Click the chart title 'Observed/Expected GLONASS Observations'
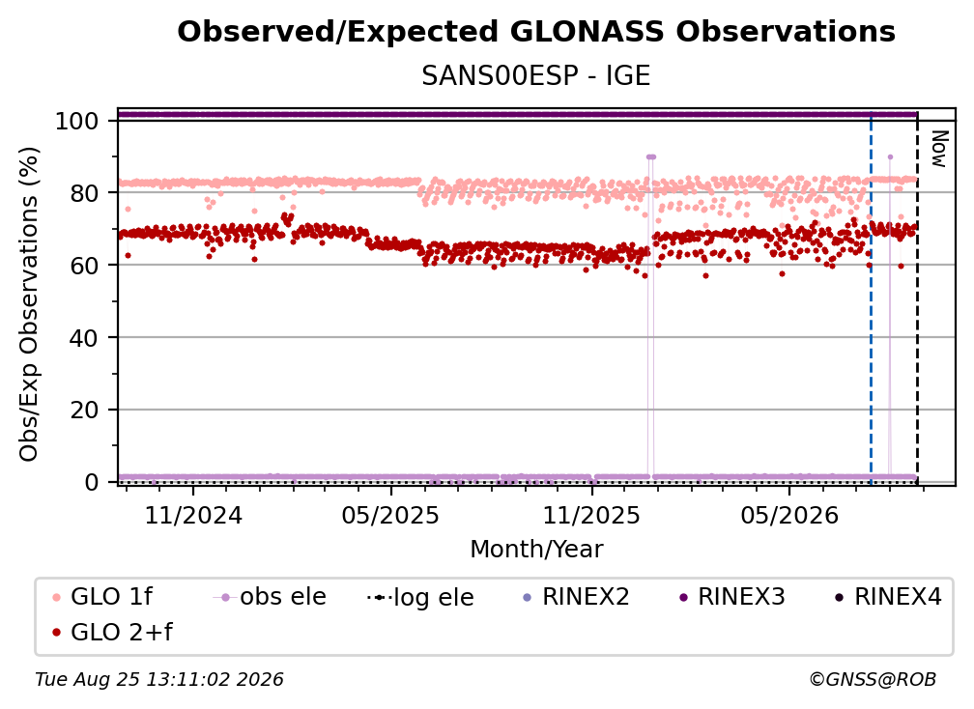(x=536, y=32)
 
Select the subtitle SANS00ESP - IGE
(x=536, y=76)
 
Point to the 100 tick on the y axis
(x=77, y=121)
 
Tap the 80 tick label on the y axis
(x=84, y=193)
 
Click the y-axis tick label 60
(x=84, y=265)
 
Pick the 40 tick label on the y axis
(x=84, y=338)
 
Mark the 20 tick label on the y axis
(x=84, y=410)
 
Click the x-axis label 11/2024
(x=193, y=515)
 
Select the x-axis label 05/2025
(x=390, y=515)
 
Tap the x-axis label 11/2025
(x=591, y=515)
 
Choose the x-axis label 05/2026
(x=788, y=515)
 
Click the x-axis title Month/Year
(x=536, y=550)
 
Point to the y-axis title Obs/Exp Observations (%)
(x=29, y=304)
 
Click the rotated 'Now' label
(x=938, y=149)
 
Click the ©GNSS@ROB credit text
(x=873, y=680)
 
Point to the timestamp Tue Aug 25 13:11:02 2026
(x=159, y=680)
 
